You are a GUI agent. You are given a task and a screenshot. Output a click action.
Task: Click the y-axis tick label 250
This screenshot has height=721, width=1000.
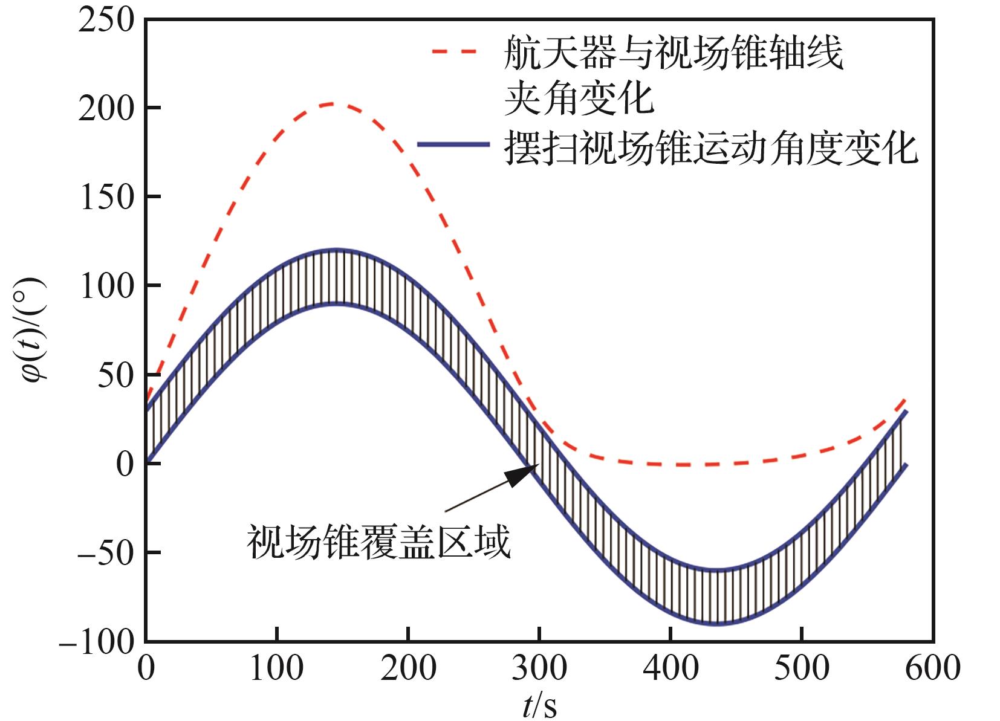pyautogui.click(x=106, y=21)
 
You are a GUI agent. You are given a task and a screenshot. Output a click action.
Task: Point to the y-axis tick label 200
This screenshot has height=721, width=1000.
pyautogui.click(x=106, y=109)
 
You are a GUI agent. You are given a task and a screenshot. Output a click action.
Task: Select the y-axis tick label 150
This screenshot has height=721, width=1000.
pyautogui.click(x=106, y=198)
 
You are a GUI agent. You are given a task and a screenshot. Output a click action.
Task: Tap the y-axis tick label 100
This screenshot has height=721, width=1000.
pyautogui.click(x=106, y=287)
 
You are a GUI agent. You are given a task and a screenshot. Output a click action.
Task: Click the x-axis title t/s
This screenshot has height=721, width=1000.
pyautogui.click(x=539, y=705)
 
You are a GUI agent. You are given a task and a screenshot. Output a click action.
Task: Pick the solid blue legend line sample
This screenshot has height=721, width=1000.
pyautogui.click(x=453, y=145)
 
